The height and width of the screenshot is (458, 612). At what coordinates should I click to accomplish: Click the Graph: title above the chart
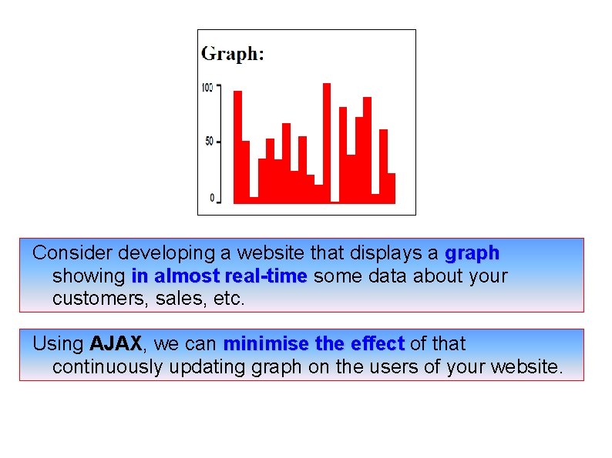pos(232,54)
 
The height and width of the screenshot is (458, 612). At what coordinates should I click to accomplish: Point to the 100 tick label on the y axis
pos(207,87)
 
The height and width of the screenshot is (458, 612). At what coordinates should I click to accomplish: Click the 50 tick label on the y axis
pos(209,142)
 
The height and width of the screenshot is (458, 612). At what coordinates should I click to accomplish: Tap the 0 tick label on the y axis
pos(212,199)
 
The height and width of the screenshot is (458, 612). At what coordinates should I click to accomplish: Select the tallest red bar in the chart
pos(327,142)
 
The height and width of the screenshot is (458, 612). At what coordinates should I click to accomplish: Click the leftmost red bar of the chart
pos(237,146)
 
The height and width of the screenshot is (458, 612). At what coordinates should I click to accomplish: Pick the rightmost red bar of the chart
pos(392,188)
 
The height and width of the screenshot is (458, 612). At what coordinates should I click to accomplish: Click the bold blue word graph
pos(472,252)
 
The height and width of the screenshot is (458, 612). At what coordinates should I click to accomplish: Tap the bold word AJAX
pos(116,343)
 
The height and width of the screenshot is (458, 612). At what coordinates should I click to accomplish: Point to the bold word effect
pos(378,343)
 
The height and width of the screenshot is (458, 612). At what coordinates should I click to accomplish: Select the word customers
pos(90,299)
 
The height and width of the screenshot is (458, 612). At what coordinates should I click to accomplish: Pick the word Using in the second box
pos(59,343)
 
